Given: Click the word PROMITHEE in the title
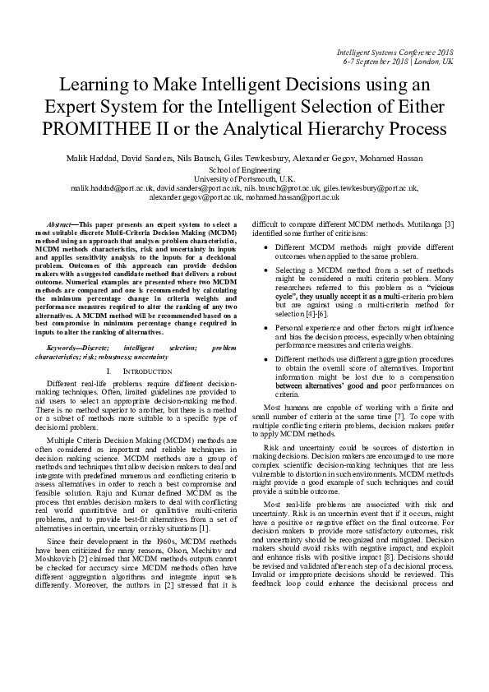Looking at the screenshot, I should tap(100, 129).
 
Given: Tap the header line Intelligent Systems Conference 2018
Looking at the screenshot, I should tap(394, 52).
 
